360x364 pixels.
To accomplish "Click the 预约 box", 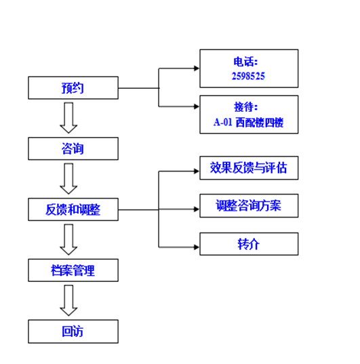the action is click(x=73, y=87).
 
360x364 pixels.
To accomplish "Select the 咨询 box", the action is click(x=73, y=148).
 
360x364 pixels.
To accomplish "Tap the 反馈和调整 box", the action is click(x=73, y=209).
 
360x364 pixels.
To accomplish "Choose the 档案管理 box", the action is click(x=73, y=270).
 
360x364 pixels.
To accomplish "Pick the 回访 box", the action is click(x=73, y=331).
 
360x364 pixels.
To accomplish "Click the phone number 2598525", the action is click(x=248, y=76).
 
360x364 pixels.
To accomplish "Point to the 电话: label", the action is click(x=245, y=62).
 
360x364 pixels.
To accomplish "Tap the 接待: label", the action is click(x=245, y=107).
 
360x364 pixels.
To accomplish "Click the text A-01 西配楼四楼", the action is click(x=248, y=122).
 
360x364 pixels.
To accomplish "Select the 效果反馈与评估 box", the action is click(x=249, y=168).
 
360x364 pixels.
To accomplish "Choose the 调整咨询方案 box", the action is click(x=249, y=205).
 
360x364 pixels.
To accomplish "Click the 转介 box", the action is click(x=249, y=244).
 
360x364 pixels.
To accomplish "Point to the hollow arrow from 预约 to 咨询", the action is click(x=68, y=118).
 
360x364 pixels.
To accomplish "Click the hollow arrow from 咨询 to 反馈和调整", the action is click(x=68, y=179).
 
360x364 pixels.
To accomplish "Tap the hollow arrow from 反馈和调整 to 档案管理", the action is click(x=68, y=239).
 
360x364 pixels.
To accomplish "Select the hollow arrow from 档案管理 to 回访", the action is click(x=68, y=300).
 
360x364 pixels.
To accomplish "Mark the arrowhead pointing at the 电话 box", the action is click(x=197, y=68).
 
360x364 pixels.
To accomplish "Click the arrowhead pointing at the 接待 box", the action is click(x=197, y=106).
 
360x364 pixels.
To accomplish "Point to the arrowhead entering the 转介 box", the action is click(x=197, y=247).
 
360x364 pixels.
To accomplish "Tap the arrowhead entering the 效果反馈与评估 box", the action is click(x=197, y=171).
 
